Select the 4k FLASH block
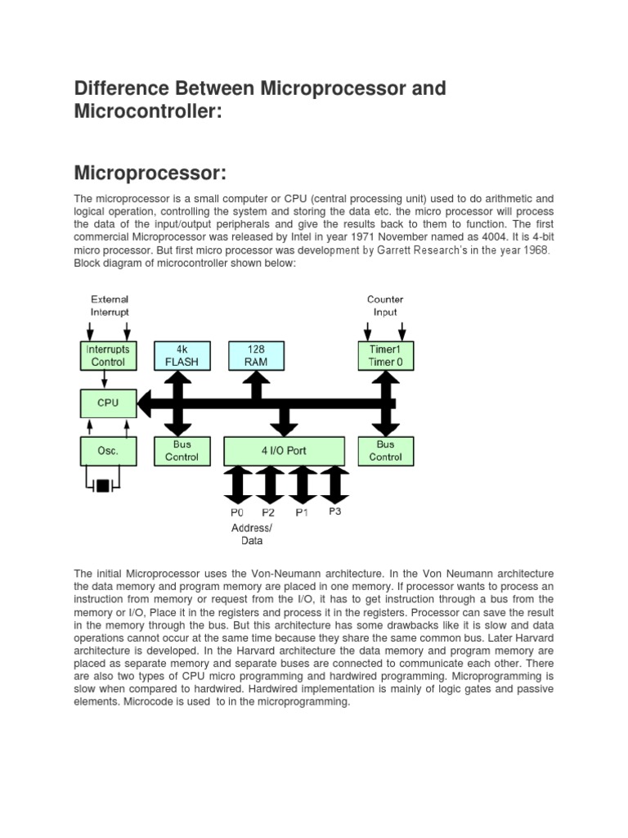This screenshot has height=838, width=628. pyautogui.click(x=182, y=355)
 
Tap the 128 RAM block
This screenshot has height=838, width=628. pyautogui.click(x=256, y=355)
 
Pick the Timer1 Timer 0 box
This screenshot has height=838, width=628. pyautogui.click(x=385, y=355)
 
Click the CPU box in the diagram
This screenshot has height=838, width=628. pyautogui.click(x=108, y=403)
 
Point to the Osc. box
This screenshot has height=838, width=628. pyautogui.click(x=108, y=450)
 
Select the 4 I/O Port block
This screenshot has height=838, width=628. pyautogui.click(x=284, y=450)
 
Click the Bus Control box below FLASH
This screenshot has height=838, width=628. pyautogui.click(x=182, y=450)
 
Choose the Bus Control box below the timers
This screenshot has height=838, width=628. pyautogui.click(x=385, y=450)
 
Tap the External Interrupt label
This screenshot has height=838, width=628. pyautogui.click(x=109, y=306)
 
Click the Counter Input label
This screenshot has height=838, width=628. pyautogui.click(x=385, y=306)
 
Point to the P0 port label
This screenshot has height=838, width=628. pyautogui.click(x=237, y=512)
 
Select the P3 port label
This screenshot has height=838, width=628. pyautogui.click(x=334, y=511)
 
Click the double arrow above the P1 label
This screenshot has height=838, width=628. pyautogui.click(x=302, y=484)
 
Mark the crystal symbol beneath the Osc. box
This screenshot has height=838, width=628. pyautogui.click(x=102, y=486)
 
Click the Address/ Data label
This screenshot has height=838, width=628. pyautogui.click(x=252, y=534)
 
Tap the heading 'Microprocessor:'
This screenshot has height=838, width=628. pyautogui.click(x=150, y=173)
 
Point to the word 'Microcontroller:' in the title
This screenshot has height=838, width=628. pyautogui.click(x=148, y=110)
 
